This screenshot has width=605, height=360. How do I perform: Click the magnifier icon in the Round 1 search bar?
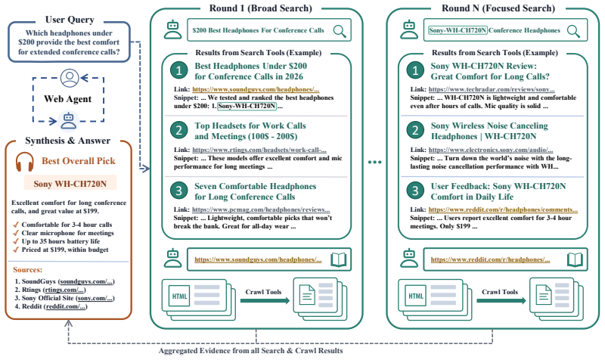[340, 31]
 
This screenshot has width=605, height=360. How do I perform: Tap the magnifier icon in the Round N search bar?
[573, 31]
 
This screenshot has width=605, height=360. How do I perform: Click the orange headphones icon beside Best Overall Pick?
[25, 162]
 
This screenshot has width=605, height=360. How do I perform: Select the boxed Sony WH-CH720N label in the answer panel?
[70, 183]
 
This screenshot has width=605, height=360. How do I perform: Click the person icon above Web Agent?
[70, 78]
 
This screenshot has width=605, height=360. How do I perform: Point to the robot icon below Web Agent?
[69, 120]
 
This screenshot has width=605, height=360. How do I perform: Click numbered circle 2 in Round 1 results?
[178, 130]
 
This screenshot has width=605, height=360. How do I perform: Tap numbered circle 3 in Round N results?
[415, 191]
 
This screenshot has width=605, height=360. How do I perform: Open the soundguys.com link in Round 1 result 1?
[256, 89]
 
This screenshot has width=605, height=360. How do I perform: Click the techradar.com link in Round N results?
[492, 89]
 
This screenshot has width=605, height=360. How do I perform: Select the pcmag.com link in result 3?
[261, 209]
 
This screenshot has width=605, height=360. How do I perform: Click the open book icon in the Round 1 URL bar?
[339, 259]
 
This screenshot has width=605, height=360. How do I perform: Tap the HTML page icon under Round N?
[416, 296]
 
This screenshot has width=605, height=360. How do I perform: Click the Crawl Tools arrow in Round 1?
[265, 300]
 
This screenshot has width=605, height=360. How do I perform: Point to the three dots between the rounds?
[374, 162]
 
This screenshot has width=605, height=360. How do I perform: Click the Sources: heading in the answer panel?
[28, 270]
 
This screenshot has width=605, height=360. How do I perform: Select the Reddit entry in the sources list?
[51, 306]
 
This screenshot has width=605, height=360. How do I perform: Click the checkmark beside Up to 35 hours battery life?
[16, 241]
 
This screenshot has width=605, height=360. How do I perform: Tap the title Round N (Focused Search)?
[498, 8]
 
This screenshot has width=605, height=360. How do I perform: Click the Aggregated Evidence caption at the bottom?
[251, 351]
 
